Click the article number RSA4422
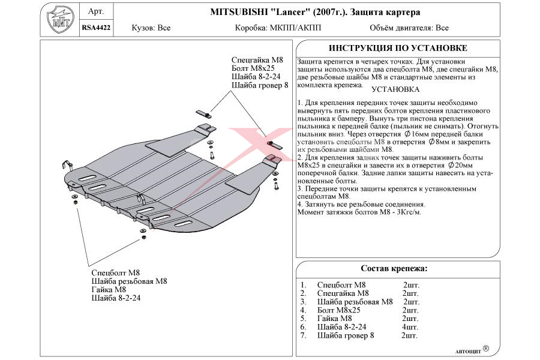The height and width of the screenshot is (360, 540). point(95,27)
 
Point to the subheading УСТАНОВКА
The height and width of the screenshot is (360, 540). point(395,89)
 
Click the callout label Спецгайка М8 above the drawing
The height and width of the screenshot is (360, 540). point(257,60)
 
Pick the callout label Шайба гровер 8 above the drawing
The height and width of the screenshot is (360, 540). point(260,85)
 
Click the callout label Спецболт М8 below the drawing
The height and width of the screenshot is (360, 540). point(116,272)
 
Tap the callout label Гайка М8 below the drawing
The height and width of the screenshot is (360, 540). point(110,289)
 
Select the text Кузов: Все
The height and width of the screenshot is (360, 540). point(151,28)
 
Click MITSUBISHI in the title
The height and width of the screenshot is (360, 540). point(242,12)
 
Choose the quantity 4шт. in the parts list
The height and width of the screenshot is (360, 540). point(410,327)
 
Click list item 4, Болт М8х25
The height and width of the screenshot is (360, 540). point(338,310)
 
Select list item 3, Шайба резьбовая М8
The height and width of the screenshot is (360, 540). point(355,302)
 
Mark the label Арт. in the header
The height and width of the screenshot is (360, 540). point(95,11)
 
